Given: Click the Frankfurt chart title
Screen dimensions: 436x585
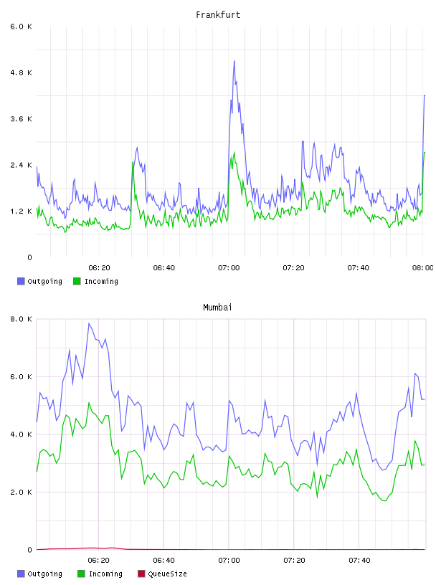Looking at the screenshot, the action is (218, 15).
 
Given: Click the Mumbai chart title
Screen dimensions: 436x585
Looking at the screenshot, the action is (217, 308).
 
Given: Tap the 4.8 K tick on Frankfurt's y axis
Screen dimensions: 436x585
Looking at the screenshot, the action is (22, 72).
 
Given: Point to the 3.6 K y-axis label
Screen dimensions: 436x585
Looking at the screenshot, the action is (22, 119).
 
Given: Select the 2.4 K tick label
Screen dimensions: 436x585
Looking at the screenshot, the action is (22, 166).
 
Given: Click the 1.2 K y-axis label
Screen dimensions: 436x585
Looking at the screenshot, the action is (22, 211).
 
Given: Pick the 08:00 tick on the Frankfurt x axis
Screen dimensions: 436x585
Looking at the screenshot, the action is (423, 268).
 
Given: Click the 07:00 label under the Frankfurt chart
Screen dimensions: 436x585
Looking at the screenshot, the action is (229, 268).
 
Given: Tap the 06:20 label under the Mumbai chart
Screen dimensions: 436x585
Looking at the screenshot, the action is (98, 561).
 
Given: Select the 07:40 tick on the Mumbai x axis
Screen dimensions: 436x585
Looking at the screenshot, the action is (359, 561).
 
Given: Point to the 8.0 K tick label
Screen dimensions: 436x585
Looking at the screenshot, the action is (22, 319).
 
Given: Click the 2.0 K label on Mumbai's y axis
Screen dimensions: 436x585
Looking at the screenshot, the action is (22, 493).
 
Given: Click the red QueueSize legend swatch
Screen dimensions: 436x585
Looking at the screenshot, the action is (141, 574).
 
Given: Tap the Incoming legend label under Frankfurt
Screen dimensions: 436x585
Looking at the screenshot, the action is (101, 281).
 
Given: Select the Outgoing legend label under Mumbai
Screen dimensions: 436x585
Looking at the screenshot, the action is (44, 574).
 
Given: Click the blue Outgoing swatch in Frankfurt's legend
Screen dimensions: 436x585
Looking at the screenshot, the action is (21, 281).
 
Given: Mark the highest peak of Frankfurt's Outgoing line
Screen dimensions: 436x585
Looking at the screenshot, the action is (234, 61).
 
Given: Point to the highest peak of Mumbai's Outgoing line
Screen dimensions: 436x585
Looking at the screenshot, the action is (89, 323).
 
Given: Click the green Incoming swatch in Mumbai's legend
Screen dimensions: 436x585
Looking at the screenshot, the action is (81, 574).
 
